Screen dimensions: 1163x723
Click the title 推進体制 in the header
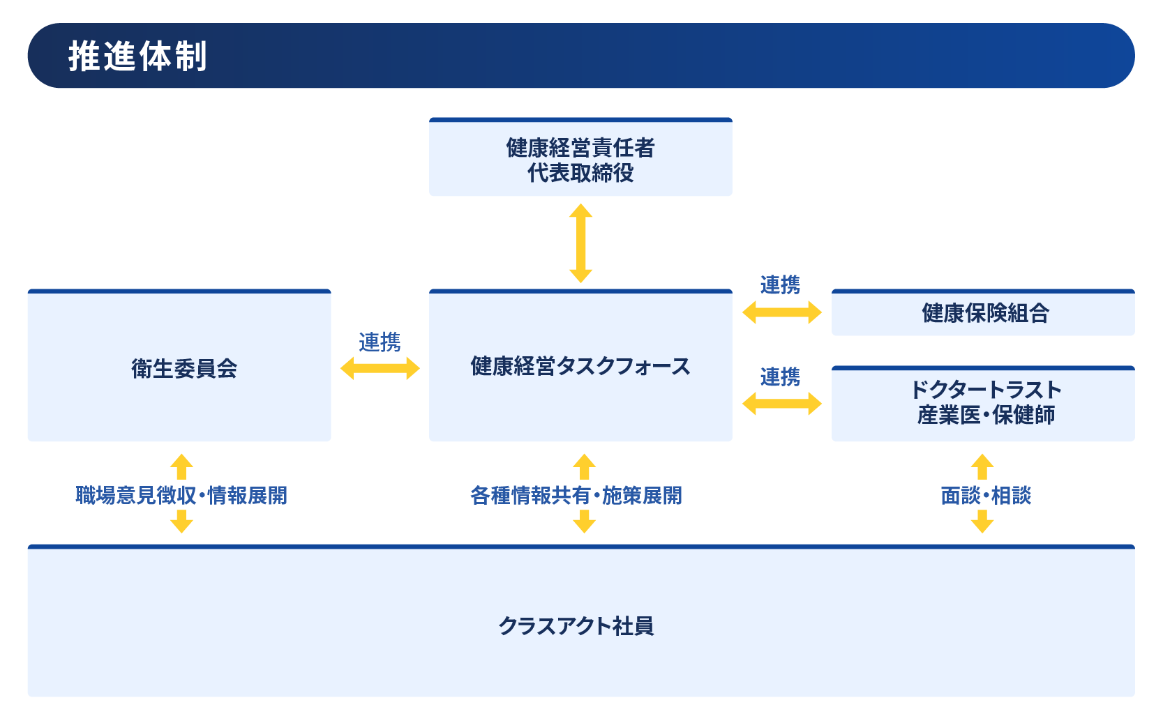137,56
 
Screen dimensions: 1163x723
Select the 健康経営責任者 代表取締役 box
580,157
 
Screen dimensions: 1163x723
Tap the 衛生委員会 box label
184,369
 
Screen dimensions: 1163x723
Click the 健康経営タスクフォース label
580,367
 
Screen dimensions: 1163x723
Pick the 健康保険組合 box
983,312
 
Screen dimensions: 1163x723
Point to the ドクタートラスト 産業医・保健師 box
983,404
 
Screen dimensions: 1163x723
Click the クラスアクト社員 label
576,626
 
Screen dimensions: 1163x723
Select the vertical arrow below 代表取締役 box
580,243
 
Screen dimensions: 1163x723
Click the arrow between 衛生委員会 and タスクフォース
380,368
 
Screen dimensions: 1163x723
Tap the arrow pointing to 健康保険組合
782,312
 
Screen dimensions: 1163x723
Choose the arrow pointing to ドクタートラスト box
782,403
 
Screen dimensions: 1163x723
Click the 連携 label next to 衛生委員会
380,342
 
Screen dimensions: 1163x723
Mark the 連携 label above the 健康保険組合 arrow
781,285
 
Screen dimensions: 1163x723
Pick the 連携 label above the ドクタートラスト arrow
781,376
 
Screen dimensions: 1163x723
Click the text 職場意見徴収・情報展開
181,496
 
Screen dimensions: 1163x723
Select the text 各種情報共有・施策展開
576,496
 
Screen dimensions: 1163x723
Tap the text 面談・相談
986,496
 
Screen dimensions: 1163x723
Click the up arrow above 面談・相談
982,466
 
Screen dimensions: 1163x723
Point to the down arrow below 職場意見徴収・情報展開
181,521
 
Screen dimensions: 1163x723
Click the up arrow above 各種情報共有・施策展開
584,466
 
